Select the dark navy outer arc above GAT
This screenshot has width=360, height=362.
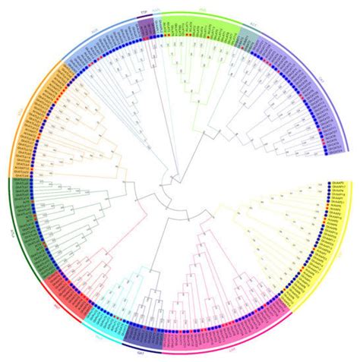tap(140, 345)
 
